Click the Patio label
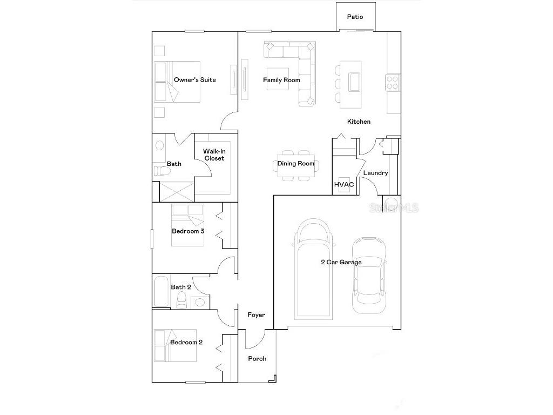[355, 17]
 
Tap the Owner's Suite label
[194, 80]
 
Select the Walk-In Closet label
[213, 155]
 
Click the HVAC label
[344, 185]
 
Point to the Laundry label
[375, 173]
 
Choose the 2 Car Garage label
[341, 262]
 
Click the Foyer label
[256, 314]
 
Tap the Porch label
[257, 358]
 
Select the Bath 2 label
[181, 287]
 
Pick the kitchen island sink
[355, 82]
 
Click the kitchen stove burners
[392, 82]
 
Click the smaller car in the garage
[369, 276]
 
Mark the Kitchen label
[359, 122]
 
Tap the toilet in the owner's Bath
[162, 171]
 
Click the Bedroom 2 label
[186, 342]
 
